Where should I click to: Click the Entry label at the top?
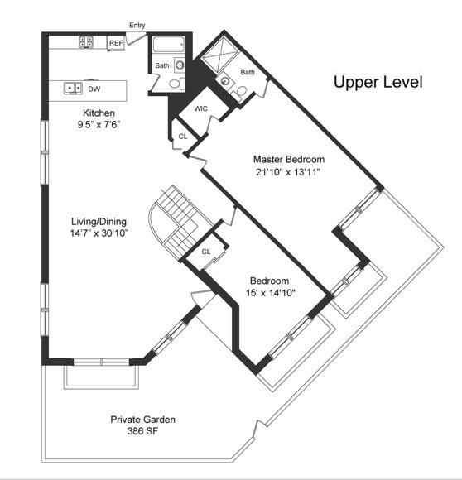(137, 25)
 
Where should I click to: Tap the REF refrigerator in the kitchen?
(116, 43)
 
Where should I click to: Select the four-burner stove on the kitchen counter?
(86, 42)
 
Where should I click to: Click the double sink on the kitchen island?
(73, 89)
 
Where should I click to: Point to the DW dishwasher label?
(94, 89)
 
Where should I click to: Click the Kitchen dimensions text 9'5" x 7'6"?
(99, 125)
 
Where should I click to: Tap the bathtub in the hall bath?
(169, 45)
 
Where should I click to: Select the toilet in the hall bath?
(177, 83)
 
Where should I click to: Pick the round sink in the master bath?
(226, 81)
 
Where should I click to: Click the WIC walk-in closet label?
(200, 108)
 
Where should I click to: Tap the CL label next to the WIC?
(183, 137)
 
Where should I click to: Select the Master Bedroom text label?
(289, 160)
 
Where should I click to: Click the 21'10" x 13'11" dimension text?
(288, 172)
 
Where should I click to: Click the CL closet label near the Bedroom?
(206, 252)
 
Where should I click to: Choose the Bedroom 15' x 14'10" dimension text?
(271, 293)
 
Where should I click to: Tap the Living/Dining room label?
(99, 222)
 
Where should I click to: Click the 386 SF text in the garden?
(142, 431)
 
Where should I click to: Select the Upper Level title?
(378, 83)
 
